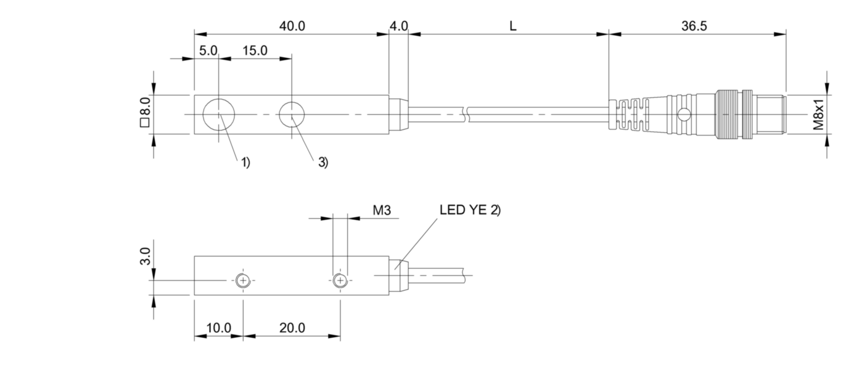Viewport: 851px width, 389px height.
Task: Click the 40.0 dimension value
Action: (292, 26)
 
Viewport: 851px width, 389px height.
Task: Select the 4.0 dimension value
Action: (399, 26)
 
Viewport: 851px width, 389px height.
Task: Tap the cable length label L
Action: (513, 26)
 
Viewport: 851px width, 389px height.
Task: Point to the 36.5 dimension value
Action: (694, 26)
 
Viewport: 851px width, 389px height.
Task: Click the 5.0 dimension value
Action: (208, 50)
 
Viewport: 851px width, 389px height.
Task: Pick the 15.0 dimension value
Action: (255, 50)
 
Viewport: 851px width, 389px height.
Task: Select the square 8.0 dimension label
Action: (145, 112)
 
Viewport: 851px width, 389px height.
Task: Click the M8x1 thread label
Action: (819, 114)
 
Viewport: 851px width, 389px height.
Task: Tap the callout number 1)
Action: (245, 163)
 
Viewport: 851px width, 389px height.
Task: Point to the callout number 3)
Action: (323, 163)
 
